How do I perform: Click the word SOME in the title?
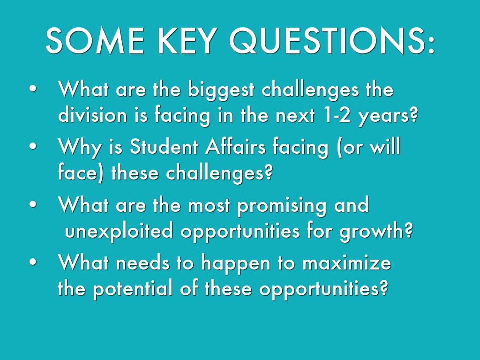click(x=95, y=41)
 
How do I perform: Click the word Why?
click(x=80, y=148)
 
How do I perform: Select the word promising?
click(x=282, y=206)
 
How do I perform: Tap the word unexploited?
click(x=119, y=231)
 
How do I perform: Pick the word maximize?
click(x=347, y=262)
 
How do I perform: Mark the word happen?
click(x=236, y=264)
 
